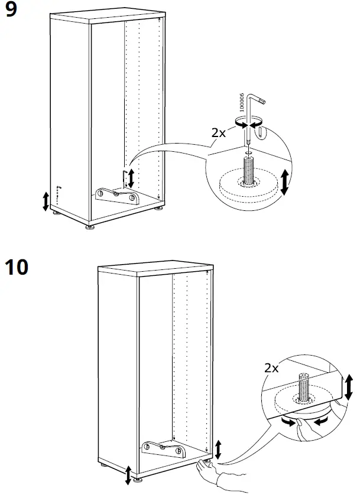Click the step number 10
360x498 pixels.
pyautogui.click(x=16, y=268)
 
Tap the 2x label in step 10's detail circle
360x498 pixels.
pyautogui.click(x=273, y=367)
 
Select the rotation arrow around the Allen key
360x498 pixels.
pyautogui.click(x=248, y=123)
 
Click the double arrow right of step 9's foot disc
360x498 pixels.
pyautogui.click(x=284, y=181)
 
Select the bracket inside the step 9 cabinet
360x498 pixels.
pyautogui.click(x=116, y=195)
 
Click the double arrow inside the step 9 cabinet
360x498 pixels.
pyautogui.click(x=131, y=177)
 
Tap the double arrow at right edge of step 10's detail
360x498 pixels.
pyautogui.click(x=349, y=386)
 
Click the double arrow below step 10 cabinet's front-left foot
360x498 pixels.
pyautogui.click(x=128, y=474)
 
